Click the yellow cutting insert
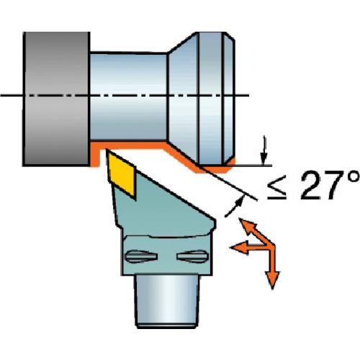coord(122,174)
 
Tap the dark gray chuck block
coord(56,99)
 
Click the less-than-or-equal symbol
coord(277,187)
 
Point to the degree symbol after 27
coord(353,176)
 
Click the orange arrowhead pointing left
coord(239,247)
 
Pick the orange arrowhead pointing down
coord(272,280)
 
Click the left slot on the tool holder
coord(141,256)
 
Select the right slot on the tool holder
coord(192,256)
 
